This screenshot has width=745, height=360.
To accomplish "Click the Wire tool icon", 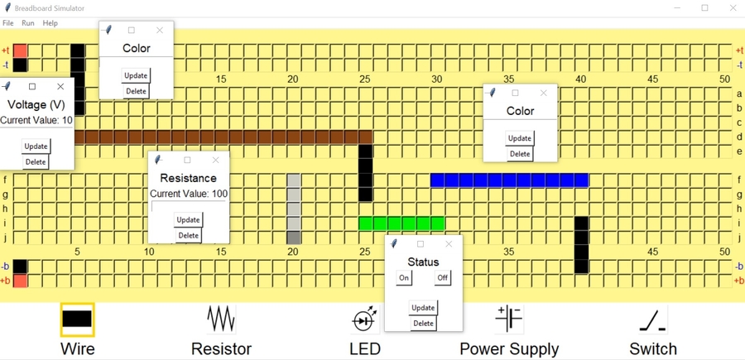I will pyautogui.click(x=77, y=319).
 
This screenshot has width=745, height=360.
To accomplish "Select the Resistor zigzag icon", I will pyautogui.click(x=221, y=319).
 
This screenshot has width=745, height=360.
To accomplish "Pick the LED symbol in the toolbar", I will pyautogui.click(x=365, y=319).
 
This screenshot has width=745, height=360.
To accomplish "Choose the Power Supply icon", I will pyautogui.click(x=508, y=319).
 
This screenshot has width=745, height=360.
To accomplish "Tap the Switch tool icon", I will pyautogui.click(x=653, y=319).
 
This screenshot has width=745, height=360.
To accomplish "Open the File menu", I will pyautogui.click(x=8, y=23).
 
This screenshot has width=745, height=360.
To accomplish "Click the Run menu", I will pyautogui.click(x=28, y=23).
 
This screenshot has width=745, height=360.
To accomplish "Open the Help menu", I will pyautogui.click(x=50, y=23).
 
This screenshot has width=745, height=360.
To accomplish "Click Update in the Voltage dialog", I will pyautogui.click(x=36, y=146).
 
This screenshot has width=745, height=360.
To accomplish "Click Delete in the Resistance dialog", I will pyautogui.click(x=189, y=236).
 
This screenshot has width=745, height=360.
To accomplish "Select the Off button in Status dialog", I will pyautogui.click(x=443, y=278).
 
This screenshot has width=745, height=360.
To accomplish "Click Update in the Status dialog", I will pyautogui.click(x=423, y=308).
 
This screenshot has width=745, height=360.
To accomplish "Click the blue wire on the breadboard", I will pyautogui.click(x=509, y=180).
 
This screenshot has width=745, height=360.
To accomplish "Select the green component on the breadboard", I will pyautogui.click(x=401, y=223).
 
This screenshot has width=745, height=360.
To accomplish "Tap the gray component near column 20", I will pyautogui.click(x=293, y=209).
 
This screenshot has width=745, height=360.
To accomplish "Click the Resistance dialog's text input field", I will pyautogui.click(x=188, y=206).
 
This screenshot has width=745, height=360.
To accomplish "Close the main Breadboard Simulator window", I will pyautogui.click(x=733, y=8).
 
